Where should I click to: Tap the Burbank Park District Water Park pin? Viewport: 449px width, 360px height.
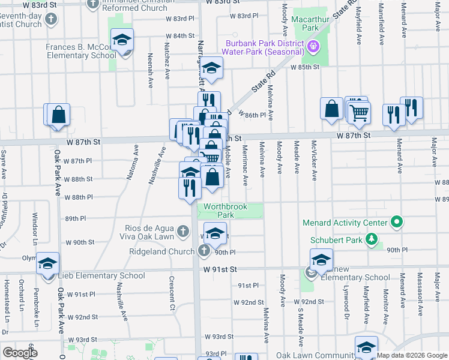click(312, 46)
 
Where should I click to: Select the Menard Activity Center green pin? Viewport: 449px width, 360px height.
click(396, 223)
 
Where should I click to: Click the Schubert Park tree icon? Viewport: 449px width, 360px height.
click(373, 239)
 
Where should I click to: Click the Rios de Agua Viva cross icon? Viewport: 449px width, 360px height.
click(184, 230)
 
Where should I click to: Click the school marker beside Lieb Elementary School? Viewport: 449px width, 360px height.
click(47, 264)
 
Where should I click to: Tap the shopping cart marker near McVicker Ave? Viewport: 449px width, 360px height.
click(359, 112)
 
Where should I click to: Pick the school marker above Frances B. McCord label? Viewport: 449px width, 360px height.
click(122, 40)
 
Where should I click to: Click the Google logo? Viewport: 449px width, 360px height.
click(20, 353)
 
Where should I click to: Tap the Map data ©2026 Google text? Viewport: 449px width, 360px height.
click(412, 355)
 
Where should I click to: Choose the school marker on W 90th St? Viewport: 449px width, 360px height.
click(215, 233)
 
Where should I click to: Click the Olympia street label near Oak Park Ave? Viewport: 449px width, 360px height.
click(29, 258)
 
